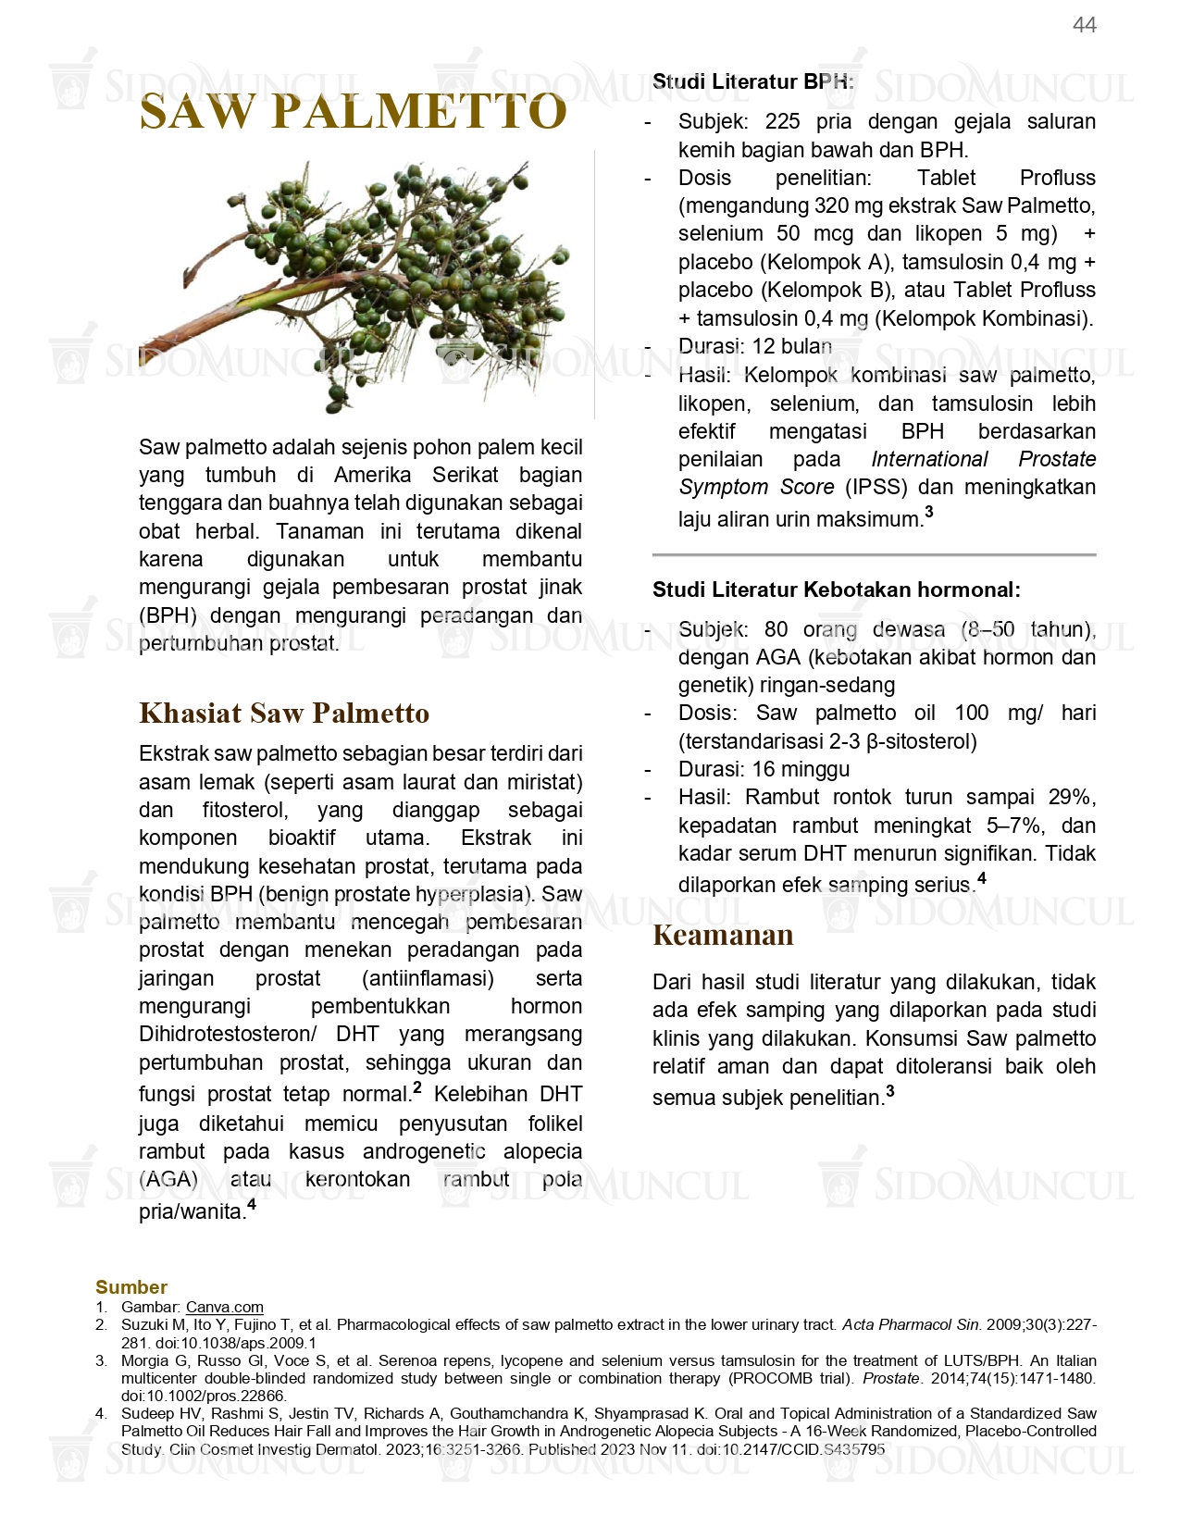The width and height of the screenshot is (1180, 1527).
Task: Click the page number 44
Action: click(1084, 25)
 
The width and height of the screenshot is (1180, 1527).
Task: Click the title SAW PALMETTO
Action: click(353, 112)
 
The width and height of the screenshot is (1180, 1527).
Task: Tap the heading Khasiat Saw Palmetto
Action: click(284, 713)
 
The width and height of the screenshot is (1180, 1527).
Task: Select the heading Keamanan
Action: click(723, 935)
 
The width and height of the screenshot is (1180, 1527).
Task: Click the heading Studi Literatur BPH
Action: click(752, 81)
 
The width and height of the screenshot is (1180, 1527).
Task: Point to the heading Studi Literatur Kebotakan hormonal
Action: click(836, 590)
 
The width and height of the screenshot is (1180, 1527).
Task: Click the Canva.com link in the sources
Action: click(224, 1307)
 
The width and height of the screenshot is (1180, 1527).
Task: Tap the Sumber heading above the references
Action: click(130, 1286)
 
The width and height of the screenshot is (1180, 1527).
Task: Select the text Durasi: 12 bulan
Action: click(754, 346)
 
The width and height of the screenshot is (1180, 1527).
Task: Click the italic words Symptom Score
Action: click(756, 487)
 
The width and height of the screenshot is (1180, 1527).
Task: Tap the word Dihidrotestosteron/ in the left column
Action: click(228, 1034)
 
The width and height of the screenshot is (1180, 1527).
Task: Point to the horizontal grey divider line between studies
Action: click(874, 554)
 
